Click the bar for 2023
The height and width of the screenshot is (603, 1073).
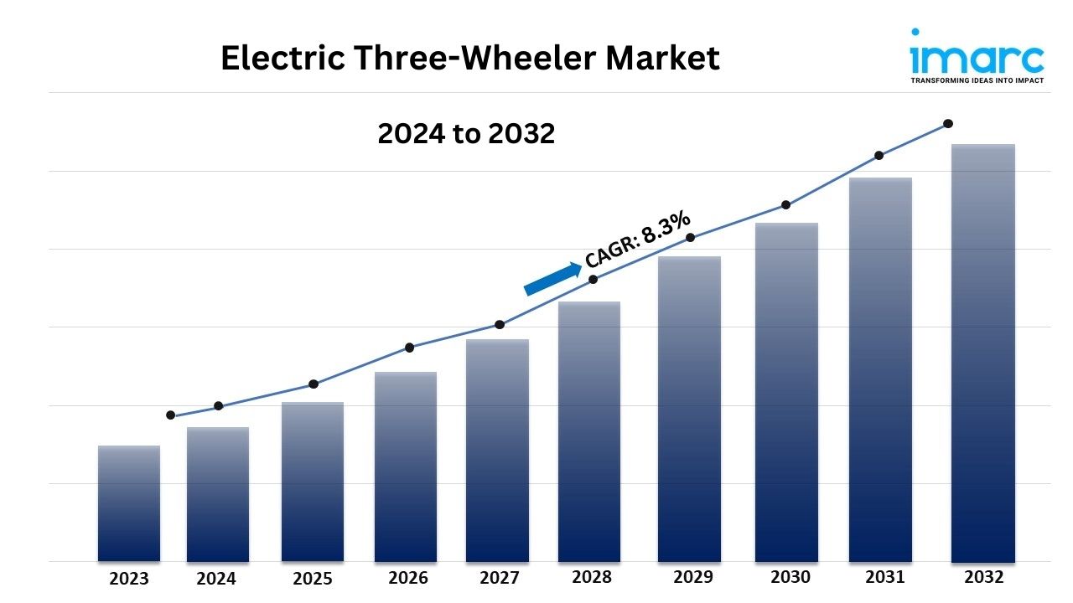coord(129,503)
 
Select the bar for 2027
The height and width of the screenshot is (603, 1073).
coord(497,451)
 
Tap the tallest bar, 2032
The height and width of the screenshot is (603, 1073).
coord(983,353)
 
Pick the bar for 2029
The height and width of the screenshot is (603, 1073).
coord(689,410)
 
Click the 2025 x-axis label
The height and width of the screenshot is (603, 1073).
coord(313,579)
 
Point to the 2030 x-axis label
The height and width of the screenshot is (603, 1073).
coord(790,577)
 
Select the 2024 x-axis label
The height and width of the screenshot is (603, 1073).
coord(216,579)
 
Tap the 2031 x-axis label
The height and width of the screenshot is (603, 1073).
coord(884,577)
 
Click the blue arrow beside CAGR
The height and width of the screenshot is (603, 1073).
coord(552,279)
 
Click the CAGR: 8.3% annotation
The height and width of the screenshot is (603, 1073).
coord(638,239)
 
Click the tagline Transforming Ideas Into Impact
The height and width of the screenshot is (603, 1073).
coord(977,80)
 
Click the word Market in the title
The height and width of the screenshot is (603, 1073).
coord(662,58)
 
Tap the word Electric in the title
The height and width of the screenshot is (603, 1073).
coord(283,58)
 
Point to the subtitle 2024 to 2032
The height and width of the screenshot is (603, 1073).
coord(466,133)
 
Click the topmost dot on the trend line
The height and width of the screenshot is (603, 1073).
coord(947,124)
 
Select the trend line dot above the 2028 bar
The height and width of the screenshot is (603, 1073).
coord(593,280)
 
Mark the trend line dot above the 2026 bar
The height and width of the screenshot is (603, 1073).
coord(410,348)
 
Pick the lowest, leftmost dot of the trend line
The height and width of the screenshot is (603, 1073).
coord(170,415)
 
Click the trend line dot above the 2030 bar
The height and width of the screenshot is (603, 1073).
coord(786,205)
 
